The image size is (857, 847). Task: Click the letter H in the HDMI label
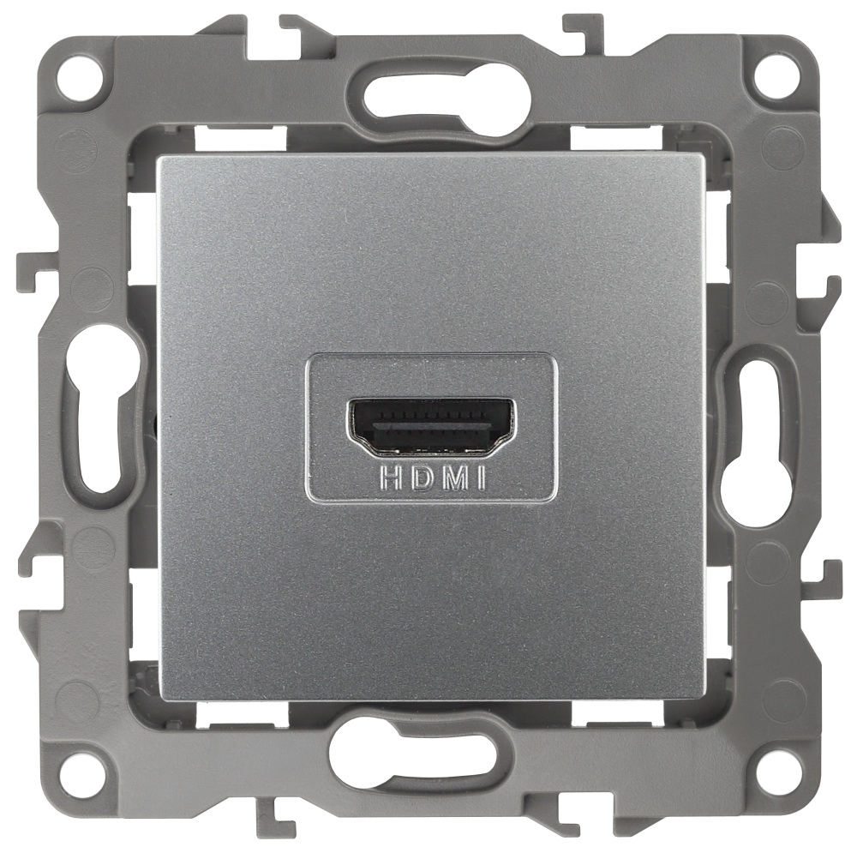pos(392,479)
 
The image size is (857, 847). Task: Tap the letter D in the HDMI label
pos(423,479)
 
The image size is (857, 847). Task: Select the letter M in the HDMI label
pos(455,479)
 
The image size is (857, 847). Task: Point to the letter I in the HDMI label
pos(482,479)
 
